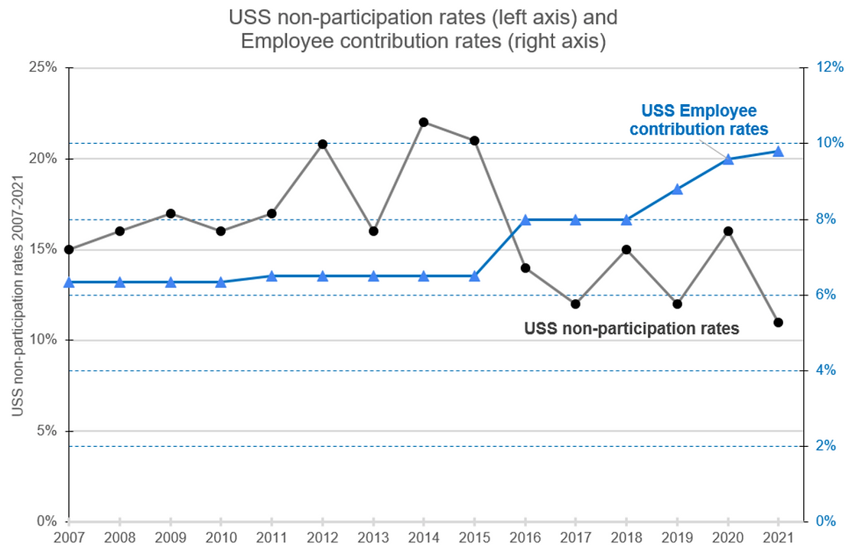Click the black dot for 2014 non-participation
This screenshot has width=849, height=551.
424,122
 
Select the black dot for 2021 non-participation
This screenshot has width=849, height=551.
779,322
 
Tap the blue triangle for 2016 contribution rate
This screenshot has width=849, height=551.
525,220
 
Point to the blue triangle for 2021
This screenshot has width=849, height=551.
779,152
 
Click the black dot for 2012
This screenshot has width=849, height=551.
323,144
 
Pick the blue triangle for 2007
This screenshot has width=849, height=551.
69,282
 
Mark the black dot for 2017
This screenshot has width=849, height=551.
576,304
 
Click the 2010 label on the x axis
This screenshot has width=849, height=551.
221,538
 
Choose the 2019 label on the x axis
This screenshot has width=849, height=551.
677,538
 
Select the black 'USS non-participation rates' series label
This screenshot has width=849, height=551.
632,329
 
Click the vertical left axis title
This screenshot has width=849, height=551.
17,295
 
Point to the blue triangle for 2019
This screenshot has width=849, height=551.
677,189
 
